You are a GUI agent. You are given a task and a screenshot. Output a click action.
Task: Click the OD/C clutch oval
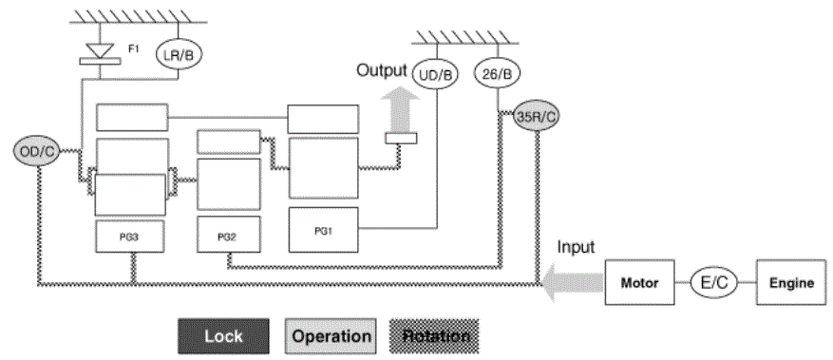tap(35, 151)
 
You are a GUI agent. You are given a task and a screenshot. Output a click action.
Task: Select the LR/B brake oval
tap(179, 54)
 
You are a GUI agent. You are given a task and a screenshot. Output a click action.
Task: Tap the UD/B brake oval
tap(435, 75)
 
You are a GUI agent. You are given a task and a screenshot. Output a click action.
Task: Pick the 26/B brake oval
tap(497, 74)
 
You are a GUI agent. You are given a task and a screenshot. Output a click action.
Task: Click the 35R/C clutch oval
tap(537, 118)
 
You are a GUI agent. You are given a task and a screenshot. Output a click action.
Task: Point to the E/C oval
tap(713, 282)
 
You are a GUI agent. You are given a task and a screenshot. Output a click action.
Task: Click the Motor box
tap(639, 282)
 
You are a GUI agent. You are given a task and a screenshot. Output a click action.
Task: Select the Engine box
tap(792, 282)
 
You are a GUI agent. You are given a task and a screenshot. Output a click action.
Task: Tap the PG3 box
tap(129, 237)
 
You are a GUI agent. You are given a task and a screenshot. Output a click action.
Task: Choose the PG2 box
tap(229, 235)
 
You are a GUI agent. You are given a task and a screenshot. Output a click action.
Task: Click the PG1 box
tap(324, 229)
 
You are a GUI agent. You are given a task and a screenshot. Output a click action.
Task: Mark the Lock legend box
tap(223, 336)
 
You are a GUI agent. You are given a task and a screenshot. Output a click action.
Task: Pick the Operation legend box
tap(331, 336)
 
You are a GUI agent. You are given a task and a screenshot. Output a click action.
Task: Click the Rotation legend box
tap(435, 336)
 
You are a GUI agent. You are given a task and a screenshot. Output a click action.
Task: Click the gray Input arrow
tap(572, 281)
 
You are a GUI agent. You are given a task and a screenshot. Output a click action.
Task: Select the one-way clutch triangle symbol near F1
tap(100, 50)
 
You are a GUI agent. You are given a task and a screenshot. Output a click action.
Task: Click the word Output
tap(382, 70)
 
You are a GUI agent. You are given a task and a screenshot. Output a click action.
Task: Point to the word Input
tap(576, 247)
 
